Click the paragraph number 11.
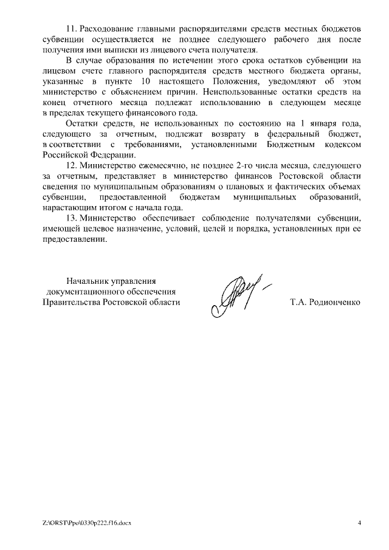click(71, 30)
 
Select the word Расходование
click(108, 30)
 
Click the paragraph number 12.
click(71, 166)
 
